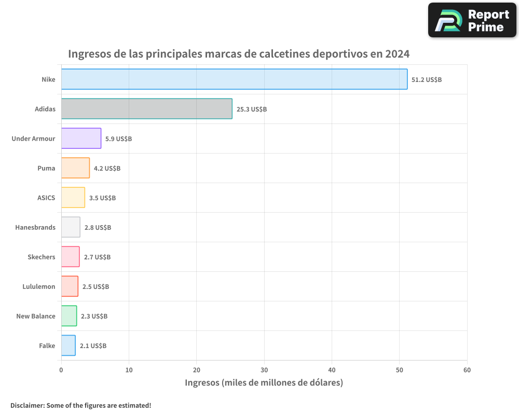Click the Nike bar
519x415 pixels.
234,79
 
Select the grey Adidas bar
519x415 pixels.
146,109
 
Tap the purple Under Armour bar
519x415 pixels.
81,139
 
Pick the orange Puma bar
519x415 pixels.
75,168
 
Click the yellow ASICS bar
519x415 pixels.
73,198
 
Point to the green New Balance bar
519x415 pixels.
69,316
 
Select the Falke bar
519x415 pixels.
68,345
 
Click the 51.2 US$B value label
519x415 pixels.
426,80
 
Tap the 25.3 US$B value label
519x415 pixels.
251,109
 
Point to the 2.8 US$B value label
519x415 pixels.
98,228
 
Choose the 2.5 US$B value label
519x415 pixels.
95,287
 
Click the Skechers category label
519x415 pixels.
42,257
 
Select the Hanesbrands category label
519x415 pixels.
35,228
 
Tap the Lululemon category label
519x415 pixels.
39,287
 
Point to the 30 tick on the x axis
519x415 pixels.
264,370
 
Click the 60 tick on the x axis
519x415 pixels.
467,370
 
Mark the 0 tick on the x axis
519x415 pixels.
61,370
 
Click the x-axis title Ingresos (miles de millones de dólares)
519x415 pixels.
264,383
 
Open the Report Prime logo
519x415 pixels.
472,20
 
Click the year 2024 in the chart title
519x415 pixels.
397,54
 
